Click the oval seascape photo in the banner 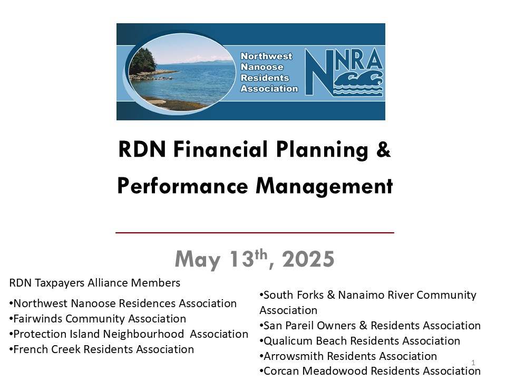[182, 72]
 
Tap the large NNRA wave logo [344, 72]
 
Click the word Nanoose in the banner [262, 67]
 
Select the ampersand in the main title [383, 149]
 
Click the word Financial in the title [221, 149]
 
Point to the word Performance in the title [183, 186]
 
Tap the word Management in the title [324, 186]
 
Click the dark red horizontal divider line [255, 232]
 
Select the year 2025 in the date [308, 259]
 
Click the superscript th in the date [261, 254]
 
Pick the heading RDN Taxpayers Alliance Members [94, 283]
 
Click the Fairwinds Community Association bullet [98, 319]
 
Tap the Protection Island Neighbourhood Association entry [129, 334]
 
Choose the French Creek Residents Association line [101, 349]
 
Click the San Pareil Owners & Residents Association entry [370, 326]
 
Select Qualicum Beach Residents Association [359, 341]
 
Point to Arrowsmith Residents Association [348, 356]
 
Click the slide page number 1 [473, 363]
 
